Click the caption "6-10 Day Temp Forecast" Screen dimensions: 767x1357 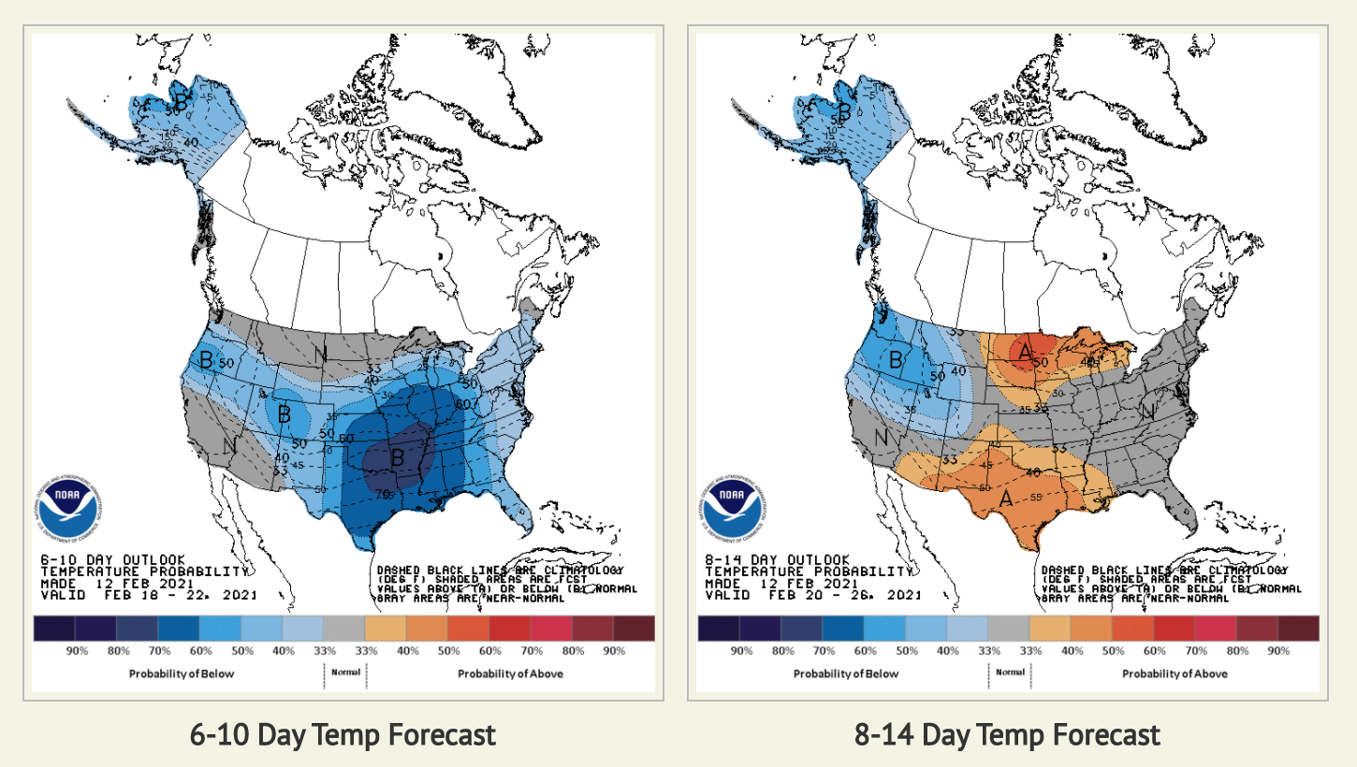click(343, 735)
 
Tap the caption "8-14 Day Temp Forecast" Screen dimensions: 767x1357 click(1007, 735)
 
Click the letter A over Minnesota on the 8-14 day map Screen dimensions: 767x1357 click(1026, 352)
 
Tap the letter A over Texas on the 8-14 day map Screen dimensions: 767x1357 click(1007, 499)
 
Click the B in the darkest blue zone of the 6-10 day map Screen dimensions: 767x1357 click(397, 457)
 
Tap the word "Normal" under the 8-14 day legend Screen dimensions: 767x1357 click(1011, 673)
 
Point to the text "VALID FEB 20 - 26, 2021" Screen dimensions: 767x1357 click(812, 595)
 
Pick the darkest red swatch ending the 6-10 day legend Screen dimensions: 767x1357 click(635, 628)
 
